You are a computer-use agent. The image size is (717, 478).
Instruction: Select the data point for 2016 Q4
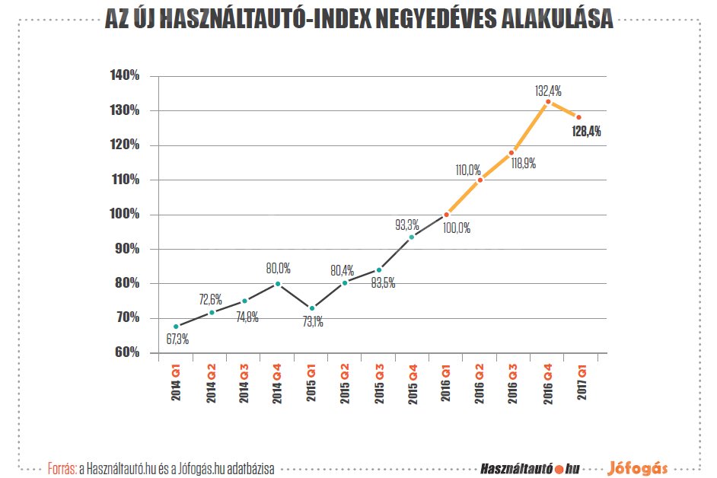(x=547, y=101)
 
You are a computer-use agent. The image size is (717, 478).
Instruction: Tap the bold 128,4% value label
(x=586, y=131)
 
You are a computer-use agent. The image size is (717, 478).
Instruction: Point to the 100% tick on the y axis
(x=124, y=215)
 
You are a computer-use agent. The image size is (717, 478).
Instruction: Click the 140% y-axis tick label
(x=124, y=76)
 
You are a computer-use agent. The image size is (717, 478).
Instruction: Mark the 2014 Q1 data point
(x=176, y=327)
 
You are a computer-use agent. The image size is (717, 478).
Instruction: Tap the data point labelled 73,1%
(x=311, y=308)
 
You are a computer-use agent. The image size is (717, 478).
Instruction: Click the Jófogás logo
(x=639, y=467)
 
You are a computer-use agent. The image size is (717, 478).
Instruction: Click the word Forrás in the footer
(x=61, y=467)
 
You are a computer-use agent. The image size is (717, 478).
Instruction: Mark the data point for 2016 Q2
(x=480, y=180)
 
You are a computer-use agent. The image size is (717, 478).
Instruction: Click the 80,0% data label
(x=278, y=269)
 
